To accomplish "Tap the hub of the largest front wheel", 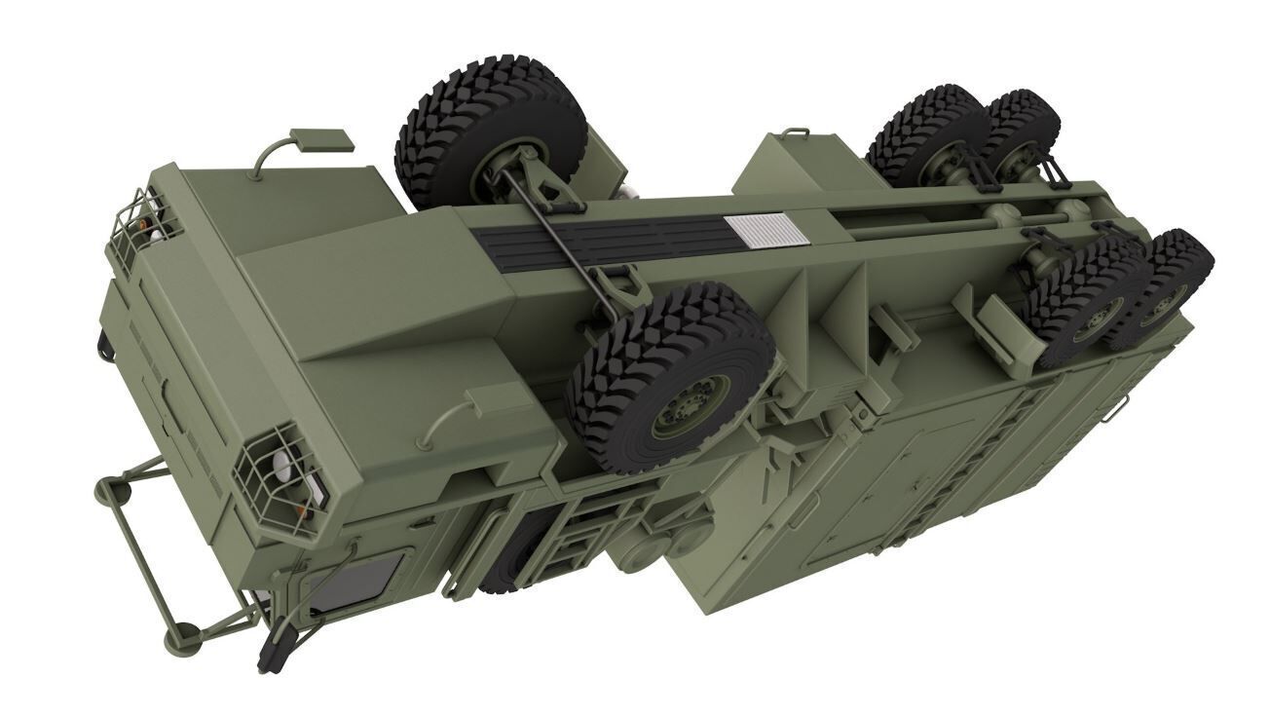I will point(690,399).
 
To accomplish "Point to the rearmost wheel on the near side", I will point(1164,287).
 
